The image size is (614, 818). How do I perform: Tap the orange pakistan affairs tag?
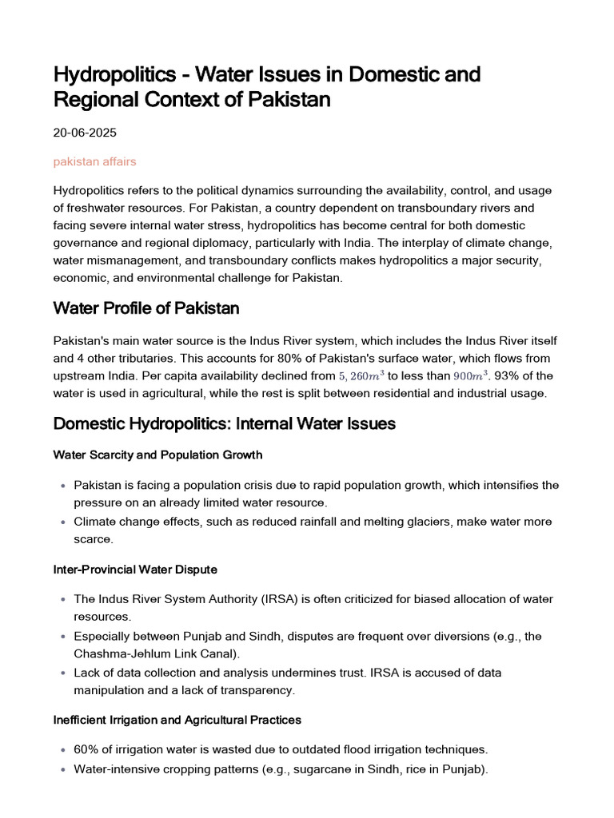click(x=94, y=161)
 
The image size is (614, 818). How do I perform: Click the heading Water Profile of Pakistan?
click(x=146, y=308)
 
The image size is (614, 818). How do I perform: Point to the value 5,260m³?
click(x=361, y=375)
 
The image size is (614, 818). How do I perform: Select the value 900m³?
click(x=470, y=375)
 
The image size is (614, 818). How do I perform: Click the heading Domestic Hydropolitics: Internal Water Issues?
click(x=224, y=424)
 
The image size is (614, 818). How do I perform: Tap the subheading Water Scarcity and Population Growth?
click(x=157, y=455)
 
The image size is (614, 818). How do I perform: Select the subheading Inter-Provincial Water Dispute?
click(x=135, y=570)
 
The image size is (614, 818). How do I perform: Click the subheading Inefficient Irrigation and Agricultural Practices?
click(x=177, y=720)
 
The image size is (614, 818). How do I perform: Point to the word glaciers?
click(x=453, y=522)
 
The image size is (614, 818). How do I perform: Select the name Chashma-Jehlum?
click(x=119, y=654)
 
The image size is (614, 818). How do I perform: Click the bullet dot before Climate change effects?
click(x=63, y=522)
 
